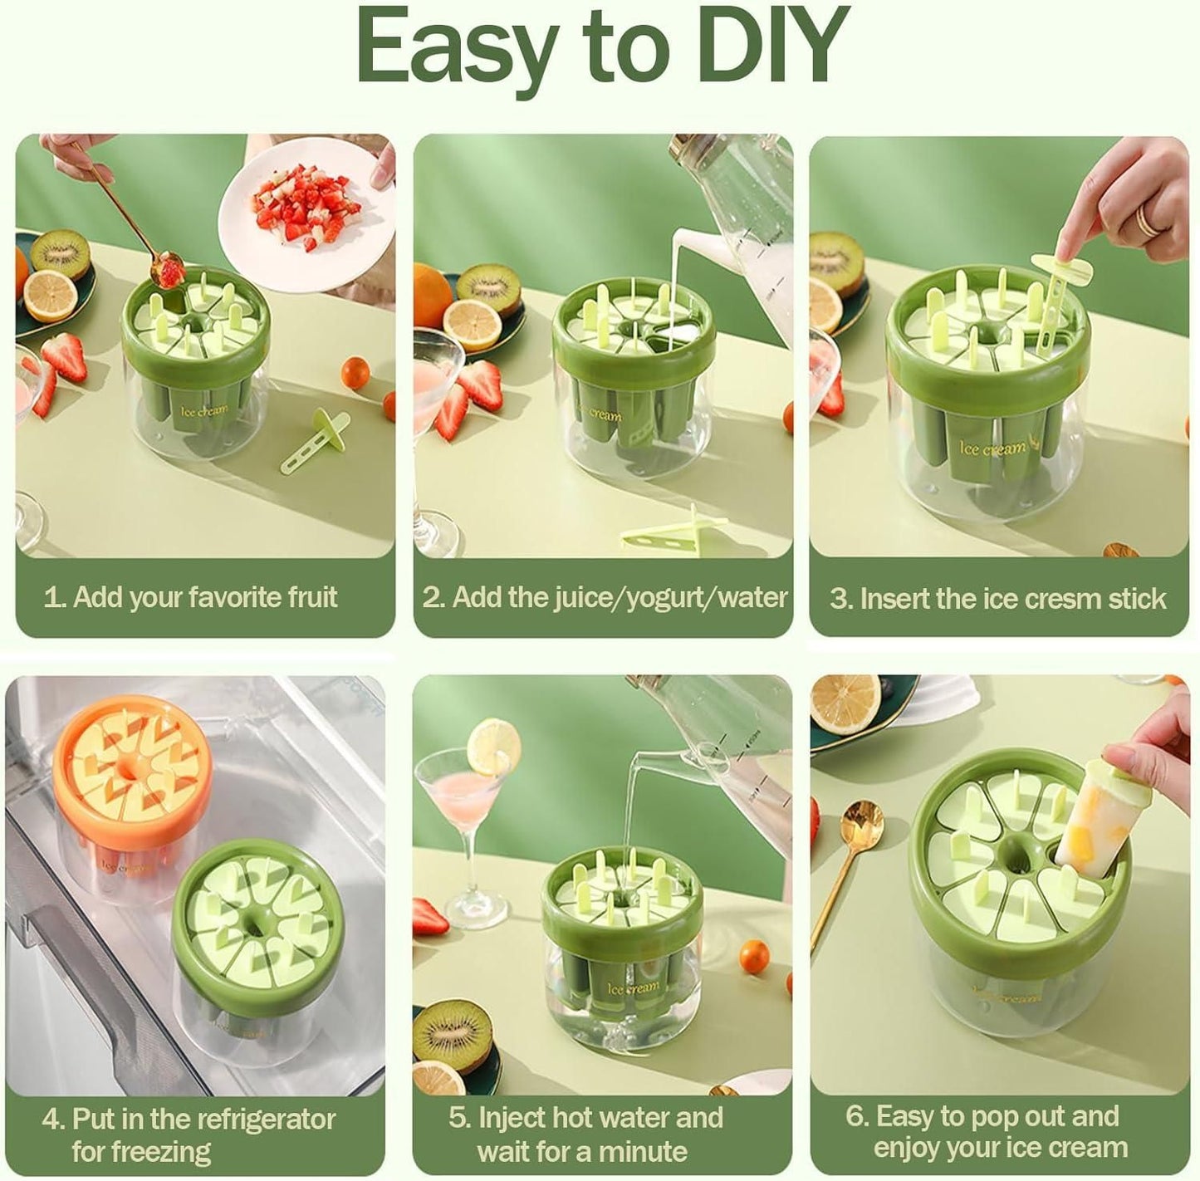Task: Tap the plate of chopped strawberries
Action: [x=306, y=215]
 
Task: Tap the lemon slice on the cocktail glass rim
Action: [x=493, y=745]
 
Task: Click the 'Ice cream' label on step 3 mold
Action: [x=993, y=448]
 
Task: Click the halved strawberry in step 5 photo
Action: [x=431, y=917]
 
